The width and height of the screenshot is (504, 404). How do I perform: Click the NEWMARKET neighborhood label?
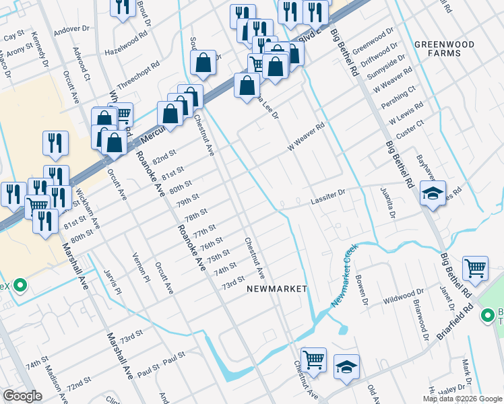pyautogui.click(x=276, y=288)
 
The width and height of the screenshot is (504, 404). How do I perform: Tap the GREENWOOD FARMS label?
pyautogui.click(x=444, y=48)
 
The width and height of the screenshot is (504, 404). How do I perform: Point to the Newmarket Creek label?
pyautogui.click(x=345, y=276)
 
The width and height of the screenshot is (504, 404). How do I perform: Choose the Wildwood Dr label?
pyautogui.click(x=402, y=296)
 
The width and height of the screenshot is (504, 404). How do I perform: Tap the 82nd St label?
pyautogui.click(x=164, y=159)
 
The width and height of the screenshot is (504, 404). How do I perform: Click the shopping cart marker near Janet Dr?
pyautogui.click(x=476, y=268)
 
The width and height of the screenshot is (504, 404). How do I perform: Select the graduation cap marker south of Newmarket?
pyautogui.click(x=346, y=366)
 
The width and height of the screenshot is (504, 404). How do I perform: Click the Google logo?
pyautogui.click(x=22, y=396)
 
